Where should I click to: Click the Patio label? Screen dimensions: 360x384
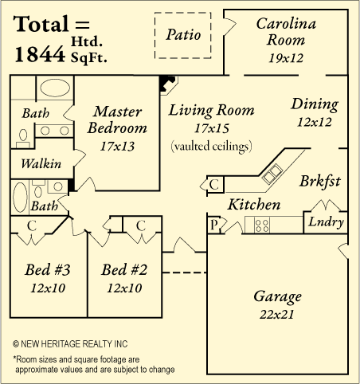183,34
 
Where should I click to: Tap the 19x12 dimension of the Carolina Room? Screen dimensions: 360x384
286,58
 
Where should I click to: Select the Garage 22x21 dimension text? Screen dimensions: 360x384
277,315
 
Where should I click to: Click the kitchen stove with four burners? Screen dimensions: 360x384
262,225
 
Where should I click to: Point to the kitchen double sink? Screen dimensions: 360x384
272,174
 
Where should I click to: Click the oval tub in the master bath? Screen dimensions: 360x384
55,88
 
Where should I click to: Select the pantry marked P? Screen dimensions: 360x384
213,225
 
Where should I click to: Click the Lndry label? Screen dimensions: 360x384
326,222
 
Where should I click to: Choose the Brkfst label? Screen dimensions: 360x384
320,182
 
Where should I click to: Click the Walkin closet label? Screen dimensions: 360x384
41,163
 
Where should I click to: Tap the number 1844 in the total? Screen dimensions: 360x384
40,54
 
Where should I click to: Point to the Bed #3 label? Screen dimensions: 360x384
48,270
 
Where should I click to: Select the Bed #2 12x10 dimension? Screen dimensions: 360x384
124,288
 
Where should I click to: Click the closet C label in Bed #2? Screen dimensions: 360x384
141,225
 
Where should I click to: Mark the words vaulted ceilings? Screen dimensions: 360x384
212,146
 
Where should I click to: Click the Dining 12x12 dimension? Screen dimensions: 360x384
315,122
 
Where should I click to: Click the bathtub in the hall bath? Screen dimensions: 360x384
20,197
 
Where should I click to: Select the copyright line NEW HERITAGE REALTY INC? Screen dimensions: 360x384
70,344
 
